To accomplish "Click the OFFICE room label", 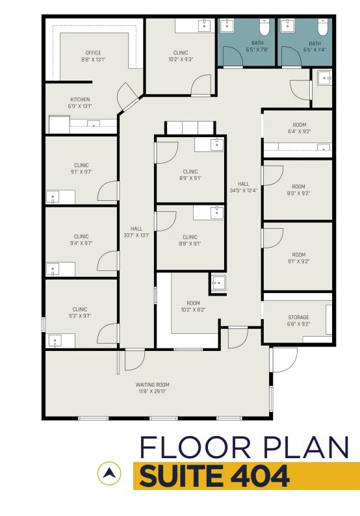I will click(94, 53).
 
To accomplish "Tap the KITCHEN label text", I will click(81, 99).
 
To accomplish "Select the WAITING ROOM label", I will click(153, 385).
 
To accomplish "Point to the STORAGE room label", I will click(298, 318).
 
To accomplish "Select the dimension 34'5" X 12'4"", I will click(244, 190).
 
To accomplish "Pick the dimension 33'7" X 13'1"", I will click(136, 235).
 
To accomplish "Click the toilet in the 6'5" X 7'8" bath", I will click(264, 27).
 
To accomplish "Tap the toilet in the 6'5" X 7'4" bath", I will click(322, 27).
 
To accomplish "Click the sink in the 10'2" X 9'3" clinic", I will click(205, 25).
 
